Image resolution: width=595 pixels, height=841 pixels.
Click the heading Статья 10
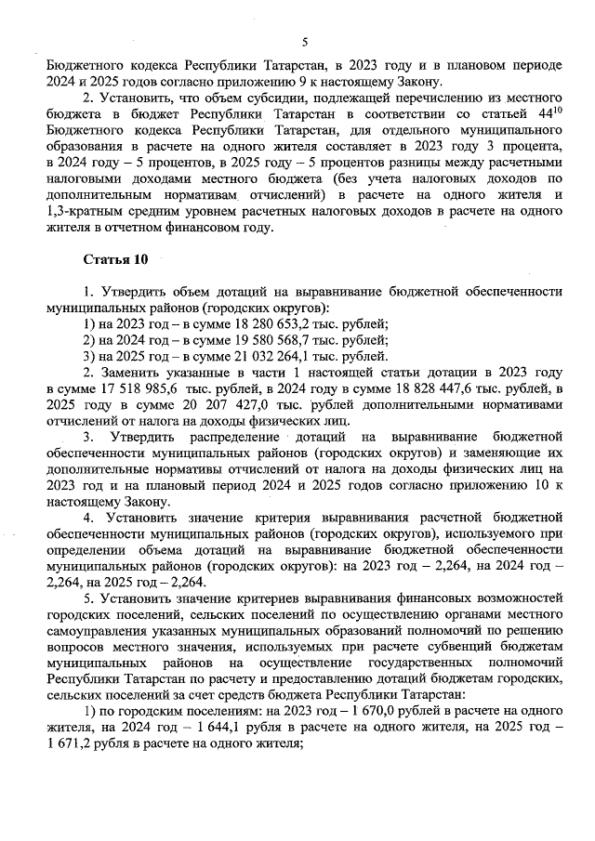click(113, 257)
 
